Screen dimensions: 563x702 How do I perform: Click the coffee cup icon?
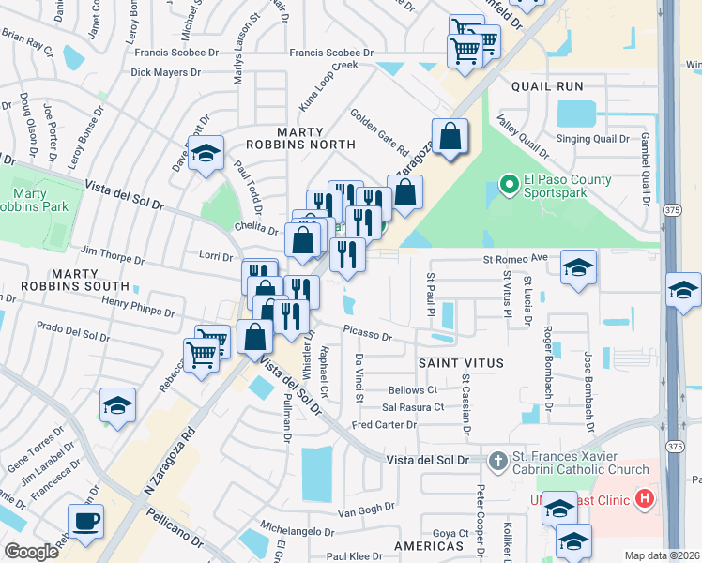coord(86,521)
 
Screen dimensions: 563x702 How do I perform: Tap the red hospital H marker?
coord(644,496)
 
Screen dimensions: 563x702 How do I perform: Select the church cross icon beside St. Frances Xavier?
coord(497,460)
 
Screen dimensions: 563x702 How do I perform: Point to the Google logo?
coord(31,551)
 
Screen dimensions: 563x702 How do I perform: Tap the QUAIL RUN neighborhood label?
coord(547,86)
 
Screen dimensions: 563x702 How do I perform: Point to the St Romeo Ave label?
coord(514,258)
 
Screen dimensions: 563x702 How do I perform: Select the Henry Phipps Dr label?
coord(138,306)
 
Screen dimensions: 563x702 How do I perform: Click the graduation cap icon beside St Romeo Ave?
coord(579,266)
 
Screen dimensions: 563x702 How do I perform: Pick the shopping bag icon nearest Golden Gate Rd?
coord(450,135)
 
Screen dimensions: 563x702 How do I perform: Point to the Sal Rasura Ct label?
coord(413,407)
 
